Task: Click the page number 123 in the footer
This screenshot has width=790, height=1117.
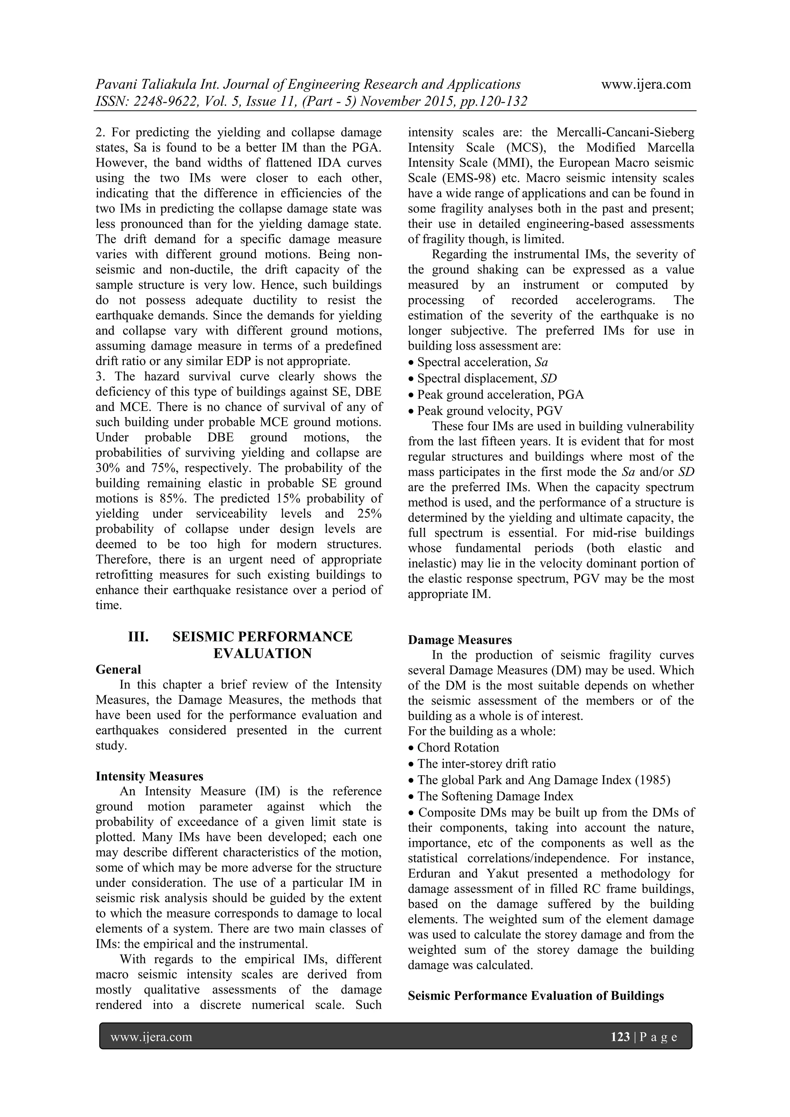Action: coord(620,1037)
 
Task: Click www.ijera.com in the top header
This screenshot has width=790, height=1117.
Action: coord(646,84)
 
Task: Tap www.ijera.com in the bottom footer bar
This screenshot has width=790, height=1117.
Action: coord(151,1037)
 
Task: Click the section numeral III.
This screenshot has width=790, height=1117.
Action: coord(138,637)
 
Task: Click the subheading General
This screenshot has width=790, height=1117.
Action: coord(118,669)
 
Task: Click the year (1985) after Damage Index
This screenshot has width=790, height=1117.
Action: coord(652,780)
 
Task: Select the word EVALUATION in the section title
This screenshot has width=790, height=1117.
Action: coord(262,654)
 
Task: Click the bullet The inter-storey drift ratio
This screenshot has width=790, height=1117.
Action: coord(486,764)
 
